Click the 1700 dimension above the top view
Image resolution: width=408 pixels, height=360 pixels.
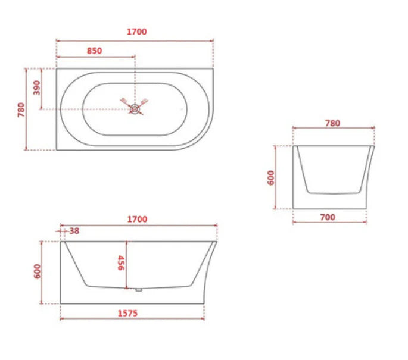pyautogui.click(x=136, y=32)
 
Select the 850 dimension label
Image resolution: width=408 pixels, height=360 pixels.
pyautogui.click(x=94, y=51)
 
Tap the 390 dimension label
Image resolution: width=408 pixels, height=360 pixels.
pyautogui.click(x=35, y=88)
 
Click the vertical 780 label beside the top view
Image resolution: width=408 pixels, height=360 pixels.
pyautogui.click(x=21, y=109)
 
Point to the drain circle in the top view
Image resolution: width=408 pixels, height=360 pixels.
pyautogui.click(x=136, y=109)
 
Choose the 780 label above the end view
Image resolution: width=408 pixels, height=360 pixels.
pyautogui.click(x=332, y=123)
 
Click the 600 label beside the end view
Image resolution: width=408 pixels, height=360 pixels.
pyautogui.click(x=271, y=177)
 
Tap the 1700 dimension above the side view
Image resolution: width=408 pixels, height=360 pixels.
pyautogui.click(x=136, y=219)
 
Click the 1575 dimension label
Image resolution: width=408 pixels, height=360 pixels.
pyautogui.click(x=127, y=313)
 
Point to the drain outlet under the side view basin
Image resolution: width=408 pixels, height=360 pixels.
pyautogui.click(x=138, y=290)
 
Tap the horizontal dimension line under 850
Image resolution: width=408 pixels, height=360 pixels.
pyautogui.click(x=95, y=57)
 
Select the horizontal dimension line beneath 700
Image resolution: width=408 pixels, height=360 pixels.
pyautogui.click(x=330, y=223)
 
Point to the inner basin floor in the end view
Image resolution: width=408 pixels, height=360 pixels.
pyautogui.click(x=334, y=193)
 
